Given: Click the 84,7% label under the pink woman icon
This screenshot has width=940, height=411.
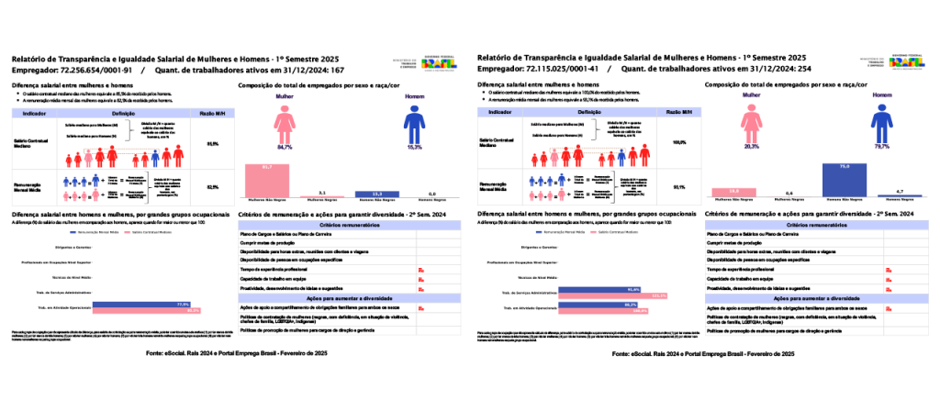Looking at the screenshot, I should click(283, 147).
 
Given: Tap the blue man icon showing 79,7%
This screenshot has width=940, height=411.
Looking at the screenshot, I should click(882, 123).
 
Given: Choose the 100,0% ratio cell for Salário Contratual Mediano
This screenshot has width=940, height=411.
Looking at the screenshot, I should click(679, 142).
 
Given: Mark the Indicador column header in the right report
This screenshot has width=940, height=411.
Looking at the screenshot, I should click(500, 111).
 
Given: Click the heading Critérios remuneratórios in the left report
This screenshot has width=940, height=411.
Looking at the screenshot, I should click(327, 225).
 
